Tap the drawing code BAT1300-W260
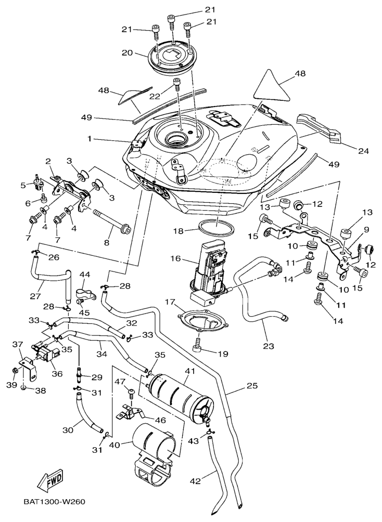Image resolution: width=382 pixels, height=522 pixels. [x=54, y=502]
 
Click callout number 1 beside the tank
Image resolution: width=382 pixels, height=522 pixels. [x=90, y=139]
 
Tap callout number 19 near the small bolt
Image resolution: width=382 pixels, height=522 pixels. [x=222, y=354]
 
